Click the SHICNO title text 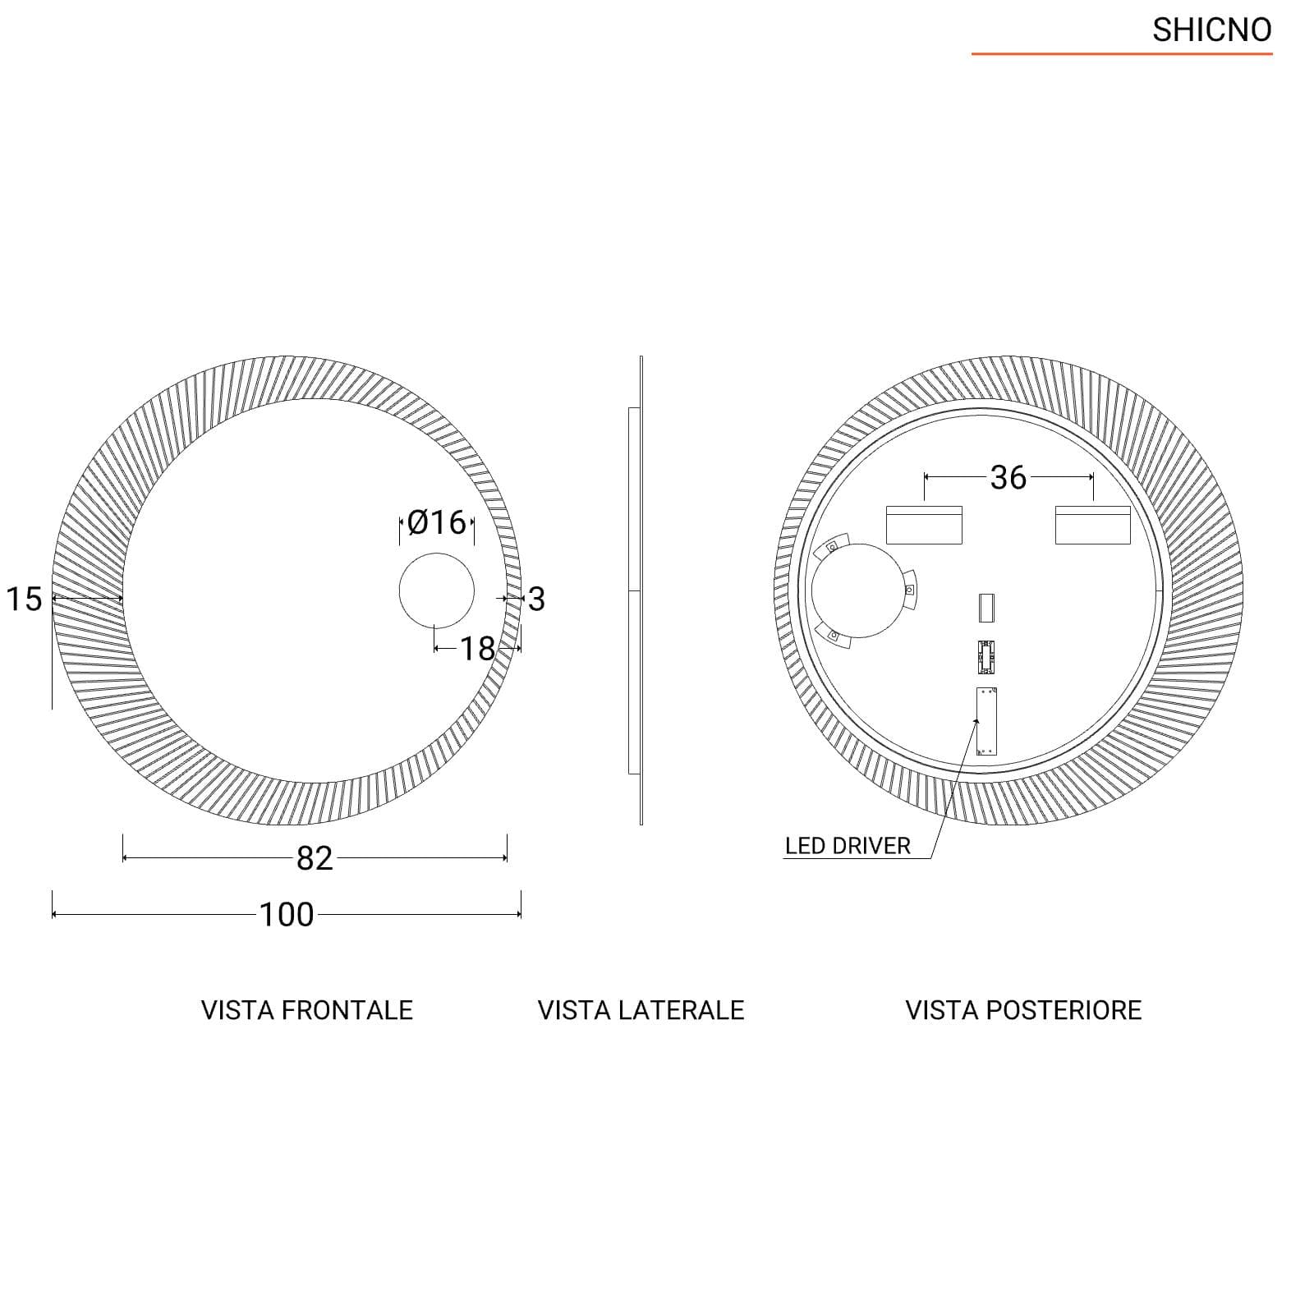1211,30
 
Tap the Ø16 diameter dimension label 436,522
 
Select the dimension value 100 287,914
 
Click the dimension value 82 315,858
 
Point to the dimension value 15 24,599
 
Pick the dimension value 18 477,649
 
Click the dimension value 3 536,599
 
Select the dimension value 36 1008,477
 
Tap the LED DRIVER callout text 848,846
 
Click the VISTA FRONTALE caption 307,1010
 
